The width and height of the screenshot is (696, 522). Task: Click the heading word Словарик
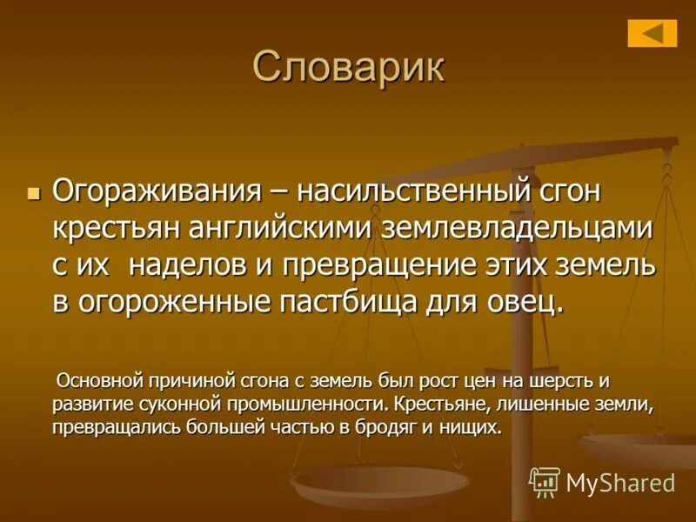(348, 67)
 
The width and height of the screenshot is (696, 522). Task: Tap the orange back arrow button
(652, 33)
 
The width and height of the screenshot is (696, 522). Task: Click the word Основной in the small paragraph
(98, 381)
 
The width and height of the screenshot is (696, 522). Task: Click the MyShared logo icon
(545, 482)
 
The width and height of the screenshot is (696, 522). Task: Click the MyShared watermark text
(620, 484)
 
